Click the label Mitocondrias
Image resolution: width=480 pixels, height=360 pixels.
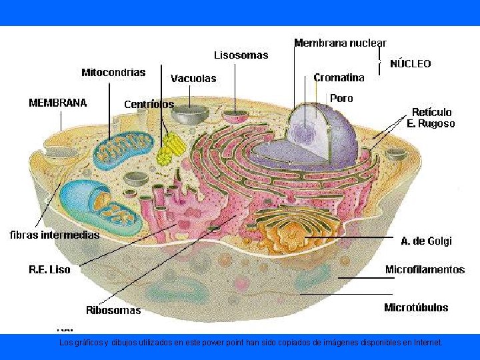point(113,72)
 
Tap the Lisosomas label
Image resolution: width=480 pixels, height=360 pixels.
point(241,55)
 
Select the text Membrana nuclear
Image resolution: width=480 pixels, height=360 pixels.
point(340,43)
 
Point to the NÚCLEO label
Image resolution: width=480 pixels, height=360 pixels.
point(410,64)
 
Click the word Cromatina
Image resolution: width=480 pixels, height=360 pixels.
point(339,77)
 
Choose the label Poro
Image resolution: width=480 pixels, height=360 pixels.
point(341,98)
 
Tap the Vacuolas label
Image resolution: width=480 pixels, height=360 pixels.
point(193,78)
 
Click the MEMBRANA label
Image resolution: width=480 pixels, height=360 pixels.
point(57,103)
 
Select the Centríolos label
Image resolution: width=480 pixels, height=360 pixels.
point(149,104)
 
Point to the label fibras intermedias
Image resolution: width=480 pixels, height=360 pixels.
point(55,235)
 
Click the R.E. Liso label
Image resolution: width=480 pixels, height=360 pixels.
point(49,270)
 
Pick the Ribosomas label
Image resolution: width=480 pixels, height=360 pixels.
point(113,310)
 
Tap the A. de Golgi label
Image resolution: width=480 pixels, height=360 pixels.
point(427,241)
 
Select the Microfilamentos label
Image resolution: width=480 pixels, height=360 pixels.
point(425,269)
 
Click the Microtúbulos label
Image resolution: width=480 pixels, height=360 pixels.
point(416,307)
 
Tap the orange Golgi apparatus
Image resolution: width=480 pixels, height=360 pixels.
point(293,230)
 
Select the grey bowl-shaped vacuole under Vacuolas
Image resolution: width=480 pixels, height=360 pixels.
point(189,114)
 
